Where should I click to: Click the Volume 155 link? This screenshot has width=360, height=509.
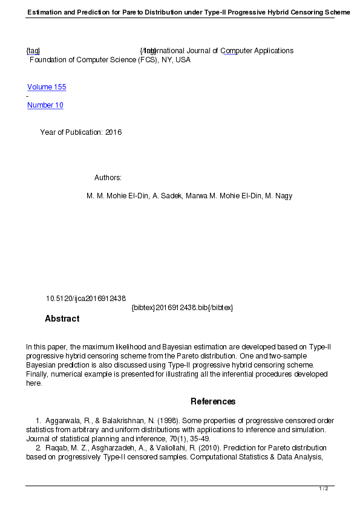coord(47,87)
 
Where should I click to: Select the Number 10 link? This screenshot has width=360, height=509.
coord(45,105)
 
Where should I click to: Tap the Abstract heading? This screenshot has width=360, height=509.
coord(62,319)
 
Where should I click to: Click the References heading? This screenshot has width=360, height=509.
coord(213,401)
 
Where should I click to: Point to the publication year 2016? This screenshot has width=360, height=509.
coord(114,132)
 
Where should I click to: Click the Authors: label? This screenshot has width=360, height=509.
coord(108,178)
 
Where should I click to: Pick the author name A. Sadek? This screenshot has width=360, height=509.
coord(166,196)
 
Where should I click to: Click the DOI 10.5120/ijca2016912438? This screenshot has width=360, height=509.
coord(86,299)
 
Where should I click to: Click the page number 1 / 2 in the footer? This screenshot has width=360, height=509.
coord(324,488)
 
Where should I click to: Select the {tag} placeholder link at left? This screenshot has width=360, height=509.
coord(33,51)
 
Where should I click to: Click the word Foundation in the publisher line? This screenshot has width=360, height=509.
coord(49,60)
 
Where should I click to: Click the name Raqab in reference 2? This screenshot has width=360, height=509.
coord(56,448)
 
